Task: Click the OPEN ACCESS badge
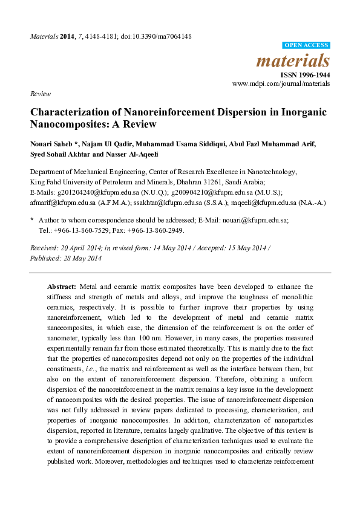click(306, 45)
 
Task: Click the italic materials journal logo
click(293, 61)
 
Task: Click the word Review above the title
click(41, 94)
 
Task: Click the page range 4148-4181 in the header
click(101, 36)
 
